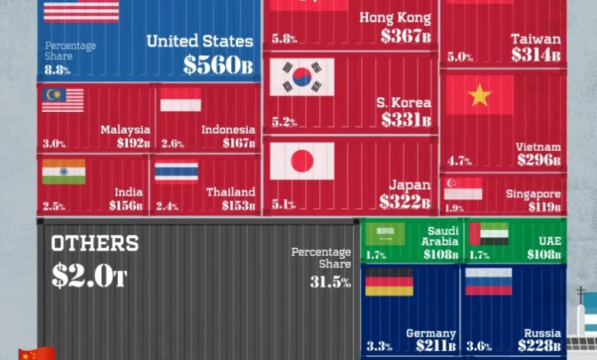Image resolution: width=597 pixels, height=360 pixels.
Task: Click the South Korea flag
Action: point(302,77)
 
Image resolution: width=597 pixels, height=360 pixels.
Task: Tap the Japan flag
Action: point(302,161)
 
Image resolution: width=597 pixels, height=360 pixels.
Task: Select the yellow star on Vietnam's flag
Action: point(480,94)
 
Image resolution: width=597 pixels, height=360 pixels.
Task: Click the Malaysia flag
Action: point(63,100)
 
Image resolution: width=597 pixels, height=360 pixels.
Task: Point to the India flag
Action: point(64,172)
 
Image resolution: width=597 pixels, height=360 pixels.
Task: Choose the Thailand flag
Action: point(176,172)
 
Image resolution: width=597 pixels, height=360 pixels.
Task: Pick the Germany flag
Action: point(389,281)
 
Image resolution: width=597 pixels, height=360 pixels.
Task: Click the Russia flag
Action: point(488,281)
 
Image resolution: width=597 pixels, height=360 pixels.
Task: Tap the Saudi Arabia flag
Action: point(385,234)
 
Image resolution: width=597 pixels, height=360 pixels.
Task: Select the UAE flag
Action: point(488,234)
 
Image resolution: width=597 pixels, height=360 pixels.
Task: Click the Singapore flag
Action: point(463,188)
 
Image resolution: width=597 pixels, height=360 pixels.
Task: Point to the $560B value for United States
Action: point(217,65)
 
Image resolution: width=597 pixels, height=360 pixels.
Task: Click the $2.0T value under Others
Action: point(89,275)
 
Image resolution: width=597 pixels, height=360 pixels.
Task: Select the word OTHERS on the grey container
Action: point(95,244)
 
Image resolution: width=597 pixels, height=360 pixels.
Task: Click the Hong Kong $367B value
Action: point(406,36)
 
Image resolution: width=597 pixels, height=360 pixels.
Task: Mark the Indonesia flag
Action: point(181,100)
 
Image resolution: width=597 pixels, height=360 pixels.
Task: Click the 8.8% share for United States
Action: point(57,70)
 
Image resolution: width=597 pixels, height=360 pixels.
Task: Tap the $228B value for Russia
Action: point(540,345)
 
